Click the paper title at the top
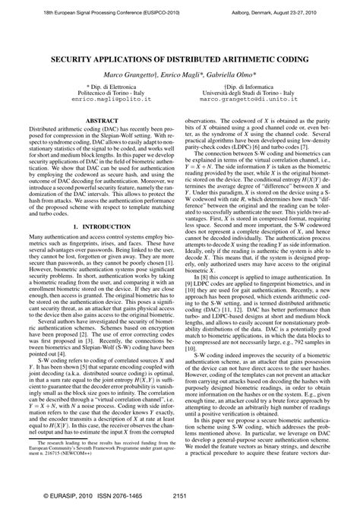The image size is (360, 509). click(x=179, y=59)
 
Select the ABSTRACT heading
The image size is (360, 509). click(x=97, y=120)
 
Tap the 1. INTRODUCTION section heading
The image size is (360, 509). click(x=97, y=206)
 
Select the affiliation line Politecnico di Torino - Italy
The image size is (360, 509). click(x=97, y=93)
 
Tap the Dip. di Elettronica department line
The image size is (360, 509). click(x=97, y=86)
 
